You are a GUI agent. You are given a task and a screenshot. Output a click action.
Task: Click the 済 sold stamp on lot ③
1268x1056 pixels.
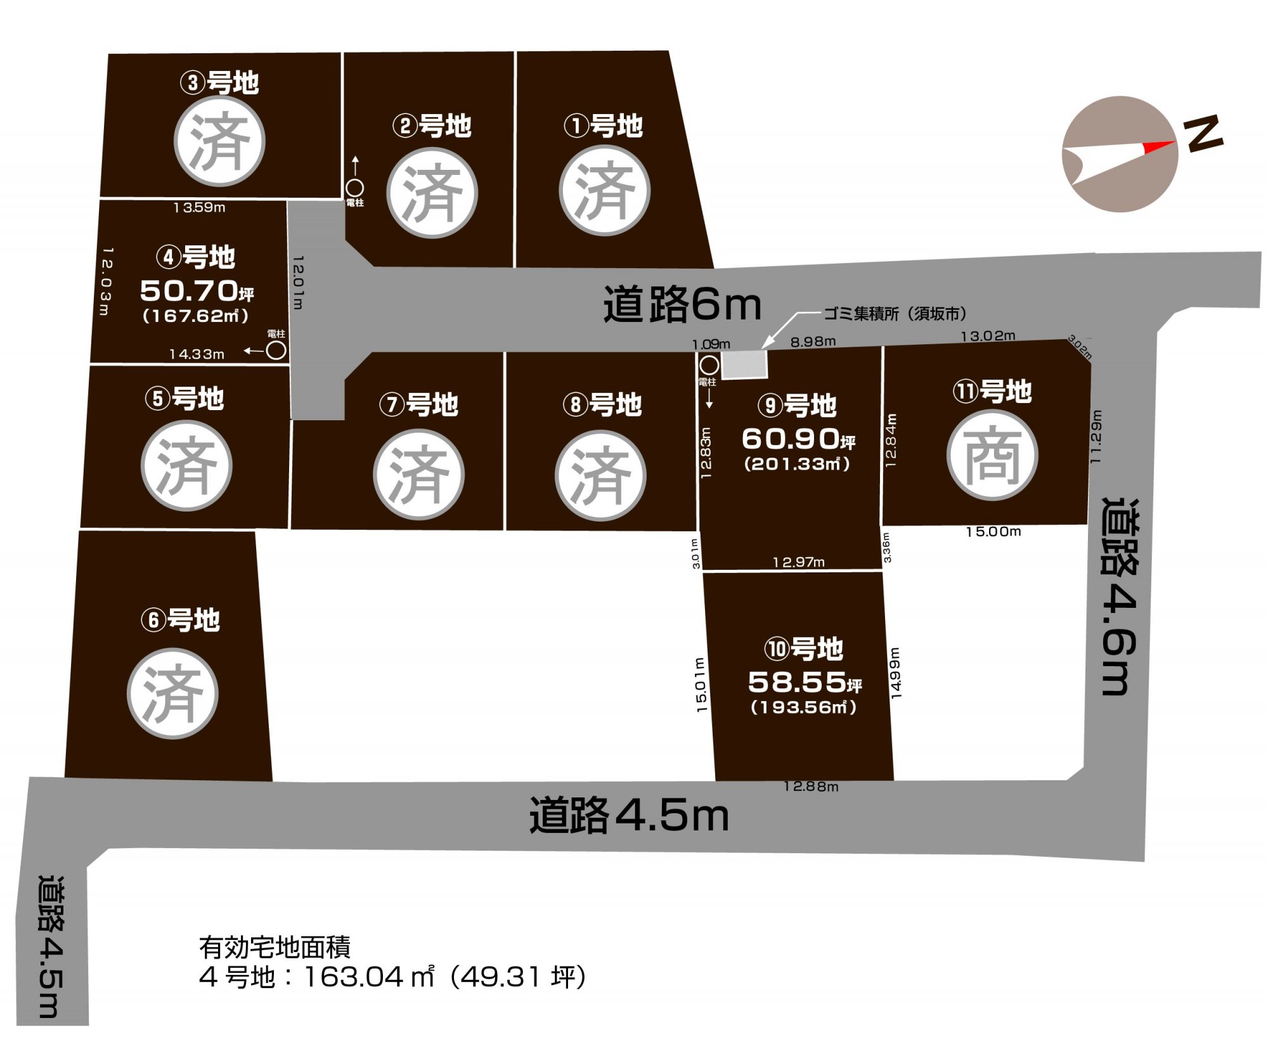pos(219,141)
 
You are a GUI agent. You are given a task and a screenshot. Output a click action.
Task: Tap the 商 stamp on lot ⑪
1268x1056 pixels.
pos(992,455)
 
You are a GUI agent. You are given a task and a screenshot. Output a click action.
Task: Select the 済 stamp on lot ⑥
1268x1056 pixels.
pos(172,693)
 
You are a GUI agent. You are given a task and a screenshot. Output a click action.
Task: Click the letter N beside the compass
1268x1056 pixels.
pos(1203,134)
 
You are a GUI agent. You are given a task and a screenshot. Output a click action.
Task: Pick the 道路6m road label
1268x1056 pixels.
pos(682,304)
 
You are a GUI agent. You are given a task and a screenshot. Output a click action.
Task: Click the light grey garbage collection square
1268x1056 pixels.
pos(745,364)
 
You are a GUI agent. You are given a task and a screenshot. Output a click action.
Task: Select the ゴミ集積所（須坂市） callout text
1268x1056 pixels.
pos(895,313)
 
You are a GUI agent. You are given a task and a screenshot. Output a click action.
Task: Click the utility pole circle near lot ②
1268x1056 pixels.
pos(354,188)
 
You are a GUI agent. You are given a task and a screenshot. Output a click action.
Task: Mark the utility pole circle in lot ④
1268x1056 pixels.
pos(276,350)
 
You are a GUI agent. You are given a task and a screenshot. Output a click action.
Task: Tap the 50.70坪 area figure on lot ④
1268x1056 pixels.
pos(197,291)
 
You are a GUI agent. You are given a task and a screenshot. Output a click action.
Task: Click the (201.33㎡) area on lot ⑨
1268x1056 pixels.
pos(797,463)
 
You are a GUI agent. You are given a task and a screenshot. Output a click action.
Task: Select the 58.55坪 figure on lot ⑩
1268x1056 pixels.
pos(805,682)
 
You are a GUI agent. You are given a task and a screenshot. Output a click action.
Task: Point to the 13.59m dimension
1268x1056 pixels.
pos(199,207)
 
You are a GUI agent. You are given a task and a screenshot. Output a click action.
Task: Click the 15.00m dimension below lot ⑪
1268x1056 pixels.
pos(993,531)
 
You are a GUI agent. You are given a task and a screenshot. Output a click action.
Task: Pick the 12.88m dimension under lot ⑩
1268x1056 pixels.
pos(811,787)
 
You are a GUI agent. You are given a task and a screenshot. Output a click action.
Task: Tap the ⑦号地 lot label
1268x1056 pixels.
pos(418,404)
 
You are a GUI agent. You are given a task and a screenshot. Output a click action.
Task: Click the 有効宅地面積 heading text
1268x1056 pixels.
pos(275,947)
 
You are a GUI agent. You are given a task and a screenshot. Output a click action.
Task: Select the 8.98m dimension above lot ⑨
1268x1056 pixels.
pos(813,342)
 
